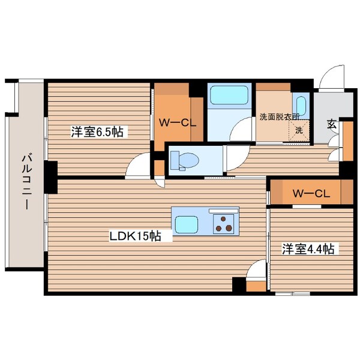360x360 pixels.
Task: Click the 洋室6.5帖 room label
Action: [x=98, y=132]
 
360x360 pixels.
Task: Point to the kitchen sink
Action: [x=190, y=224]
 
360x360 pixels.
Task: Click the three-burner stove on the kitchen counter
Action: [x=225, y=223]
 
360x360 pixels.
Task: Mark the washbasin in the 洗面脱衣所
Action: [x=301, y=106]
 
